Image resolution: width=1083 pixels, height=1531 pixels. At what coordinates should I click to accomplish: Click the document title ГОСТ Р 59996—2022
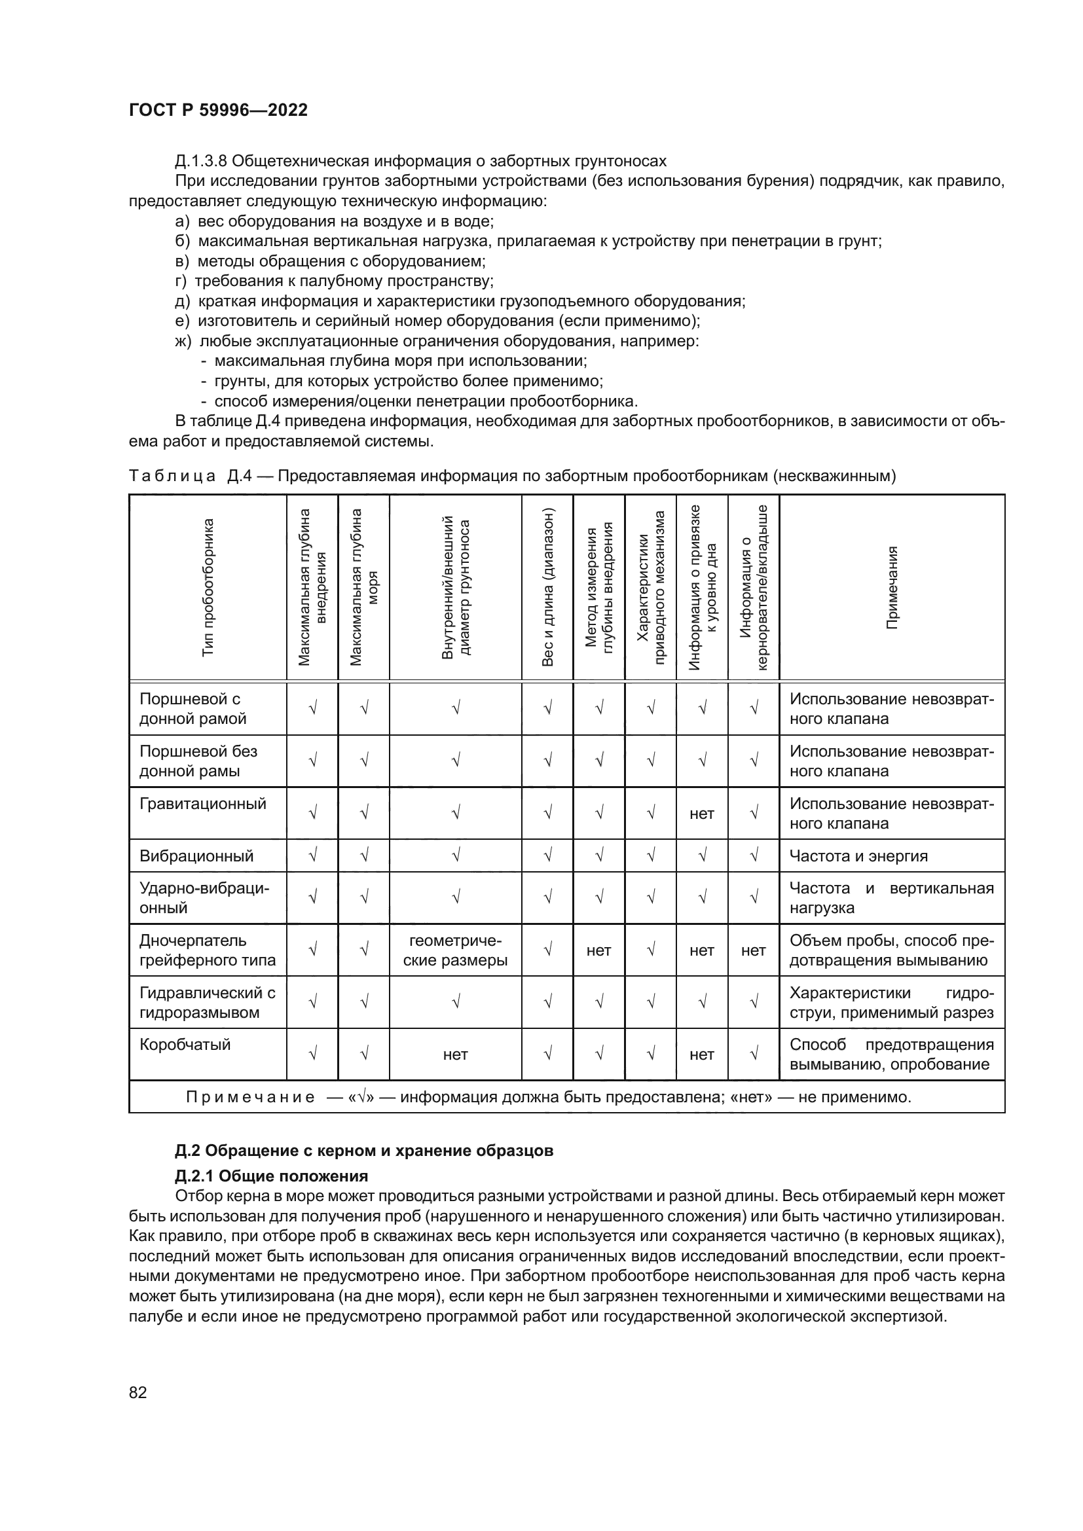[218, 111]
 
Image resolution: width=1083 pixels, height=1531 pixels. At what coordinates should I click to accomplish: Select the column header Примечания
[892, 587]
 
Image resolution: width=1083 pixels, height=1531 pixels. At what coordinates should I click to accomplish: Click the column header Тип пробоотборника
[208, 587]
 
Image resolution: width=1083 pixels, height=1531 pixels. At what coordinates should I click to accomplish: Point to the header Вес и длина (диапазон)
[547, 587]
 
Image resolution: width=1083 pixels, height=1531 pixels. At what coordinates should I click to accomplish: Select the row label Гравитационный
[203, 804]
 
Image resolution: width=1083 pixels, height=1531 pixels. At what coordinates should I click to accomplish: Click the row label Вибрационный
[196, 856]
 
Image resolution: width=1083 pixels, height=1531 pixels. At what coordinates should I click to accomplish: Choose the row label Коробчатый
[185, 1044]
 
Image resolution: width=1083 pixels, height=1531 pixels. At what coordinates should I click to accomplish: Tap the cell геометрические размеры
[456, 950]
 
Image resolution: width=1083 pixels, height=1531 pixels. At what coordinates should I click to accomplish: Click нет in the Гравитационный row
[701, 814]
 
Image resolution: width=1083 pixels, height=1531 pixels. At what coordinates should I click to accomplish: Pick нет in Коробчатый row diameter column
[456, 1054]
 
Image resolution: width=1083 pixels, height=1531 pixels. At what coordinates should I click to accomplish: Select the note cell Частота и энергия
[858, 856]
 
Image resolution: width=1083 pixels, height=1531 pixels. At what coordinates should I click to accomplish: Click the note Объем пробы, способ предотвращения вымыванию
[891, 950]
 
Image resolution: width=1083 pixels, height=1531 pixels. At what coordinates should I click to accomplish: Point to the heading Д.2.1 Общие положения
[272, 1175]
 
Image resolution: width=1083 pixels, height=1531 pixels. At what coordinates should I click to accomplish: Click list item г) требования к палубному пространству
[334, 281]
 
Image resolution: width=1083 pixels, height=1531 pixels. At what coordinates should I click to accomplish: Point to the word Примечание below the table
[250, 1097]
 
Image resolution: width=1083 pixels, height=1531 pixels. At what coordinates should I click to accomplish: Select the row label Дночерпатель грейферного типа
[208, 950]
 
